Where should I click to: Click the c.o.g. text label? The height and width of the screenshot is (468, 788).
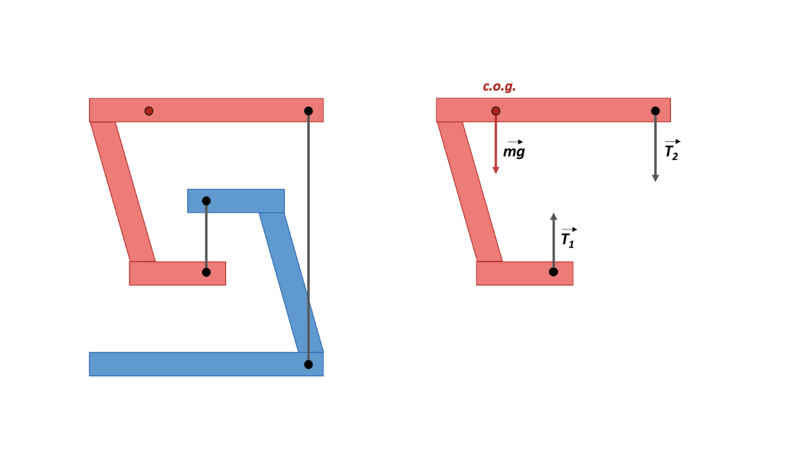click(x=499, y=87)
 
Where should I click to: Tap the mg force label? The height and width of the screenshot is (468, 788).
click(x=514, y=152)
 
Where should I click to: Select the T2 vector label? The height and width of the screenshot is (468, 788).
click(x=672, y=152)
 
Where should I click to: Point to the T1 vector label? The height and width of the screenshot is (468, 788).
click(x=568, y=239)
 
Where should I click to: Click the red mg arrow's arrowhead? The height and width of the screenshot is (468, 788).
click(x=496, y=170)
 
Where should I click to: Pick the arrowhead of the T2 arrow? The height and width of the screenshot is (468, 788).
click(x=655, y=178)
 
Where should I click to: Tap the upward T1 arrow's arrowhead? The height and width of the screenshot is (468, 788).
click(x=553, y=216)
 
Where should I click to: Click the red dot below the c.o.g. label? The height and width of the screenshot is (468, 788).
click(x=496, y=111)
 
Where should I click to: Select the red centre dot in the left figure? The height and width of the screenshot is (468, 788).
click(x=149, y=111)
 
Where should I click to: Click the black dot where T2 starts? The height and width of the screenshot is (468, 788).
click(x=655, y=111)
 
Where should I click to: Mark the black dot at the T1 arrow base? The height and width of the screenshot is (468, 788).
click(x=553, y=272)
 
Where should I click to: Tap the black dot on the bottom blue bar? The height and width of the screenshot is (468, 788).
click(x=308, y=364)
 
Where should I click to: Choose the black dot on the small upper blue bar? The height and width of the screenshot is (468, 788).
click(x=206, y=201)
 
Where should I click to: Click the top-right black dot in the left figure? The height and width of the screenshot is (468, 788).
click(x=308, y=111)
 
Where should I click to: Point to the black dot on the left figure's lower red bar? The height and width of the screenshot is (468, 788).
click(x=206, y=272)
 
